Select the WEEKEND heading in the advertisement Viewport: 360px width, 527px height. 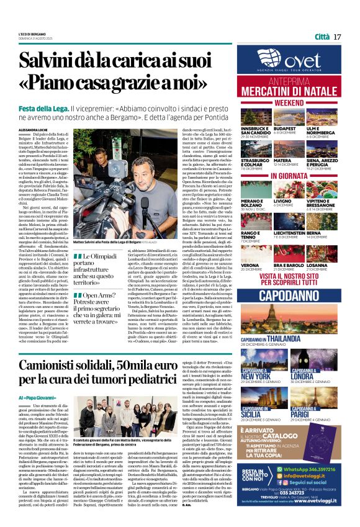[289, 102]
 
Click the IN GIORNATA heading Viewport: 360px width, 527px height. [289, 176]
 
